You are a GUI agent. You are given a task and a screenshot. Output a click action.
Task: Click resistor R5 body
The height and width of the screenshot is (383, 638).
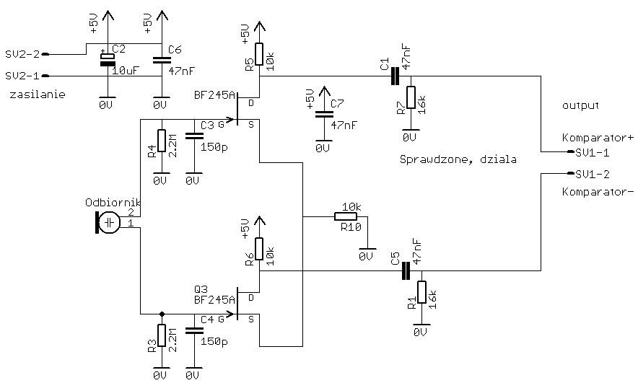(260, 60)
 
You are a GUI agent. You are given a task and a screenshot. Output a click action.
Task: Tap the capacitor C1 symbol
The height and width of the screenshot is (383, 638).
(394, 76)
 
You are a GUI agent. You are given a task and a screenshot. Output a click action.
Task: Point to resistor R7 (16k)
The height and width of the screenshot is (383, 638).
(411, 99)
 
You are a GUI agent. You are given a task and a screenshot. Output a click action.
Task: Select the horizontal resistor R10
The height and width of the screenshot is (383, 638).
(346, 216)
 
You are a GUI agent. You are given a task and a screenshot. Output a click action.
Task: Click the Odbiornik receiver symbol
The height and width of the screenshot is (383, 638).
(108, 223)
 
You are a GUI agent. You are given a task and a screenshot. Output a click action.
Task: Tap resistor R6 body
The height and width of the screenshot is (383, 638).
(260, 251)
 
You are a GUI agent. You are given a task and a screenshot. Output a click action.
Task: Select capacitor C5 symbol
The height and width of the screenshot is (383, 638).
(405, 270)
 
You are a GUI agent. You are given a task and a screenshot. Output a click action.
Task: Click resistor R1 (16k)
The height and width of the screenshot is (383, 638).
(421, 294)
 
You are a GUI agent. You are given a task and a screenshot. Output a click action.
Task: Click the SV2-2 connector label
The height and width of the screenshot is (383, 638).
(22, 54)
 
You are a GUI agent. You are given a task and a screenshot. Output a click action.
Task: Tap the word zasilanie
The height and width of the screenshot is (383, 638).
(33, 94)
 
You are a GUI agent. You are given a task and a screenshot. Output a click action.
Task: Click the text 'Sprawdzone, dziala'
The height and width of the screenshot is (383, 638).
(457, 158)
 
